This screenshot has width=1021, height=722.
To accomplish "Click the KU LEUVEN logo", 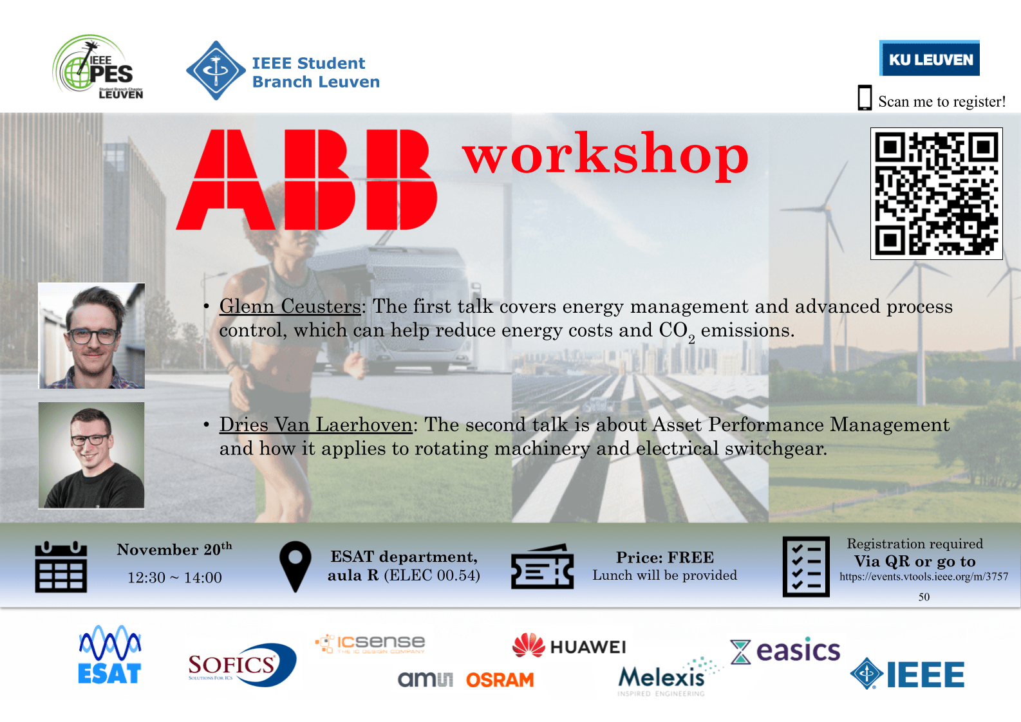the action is [929, 59].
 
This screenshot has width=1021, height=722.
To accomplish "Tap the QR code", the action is [936, 194].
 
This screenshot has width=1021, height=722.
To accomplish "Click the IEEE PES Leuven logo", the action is [98, 67].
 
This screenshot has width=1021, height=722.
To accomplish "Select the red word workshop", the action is [606, 156].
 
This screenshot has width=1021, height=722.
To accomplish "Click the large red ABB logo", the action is [306, 180].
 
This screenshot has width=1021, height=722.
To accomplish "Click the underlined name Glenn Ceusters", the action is [290, 306].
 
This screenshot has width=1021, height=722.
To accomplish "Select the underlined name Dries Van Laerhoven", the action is [315, 425].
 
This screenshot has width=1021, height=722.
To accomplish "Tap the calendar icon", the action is [61, 567].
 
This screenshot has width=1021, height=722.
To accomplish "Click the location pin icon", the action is [295, 567].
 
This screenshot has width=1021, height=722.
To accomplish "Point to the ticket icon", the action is [543, 567].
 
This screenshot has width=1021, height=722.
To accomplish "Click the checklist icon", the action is [806, 567].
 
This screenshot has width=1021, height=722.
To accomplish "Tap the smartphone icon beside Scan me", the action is [865, 97].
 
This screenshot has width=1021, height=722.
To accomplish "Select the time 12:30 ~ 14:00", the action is [174, 578].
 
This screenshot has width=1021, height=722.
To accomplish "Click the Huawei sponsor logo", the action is [569, 645].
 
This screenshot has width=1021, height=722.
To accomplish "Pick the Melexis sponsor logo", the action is [669, 677].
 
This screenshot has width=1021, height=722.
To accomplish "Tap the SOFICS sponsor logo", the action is [242, 665].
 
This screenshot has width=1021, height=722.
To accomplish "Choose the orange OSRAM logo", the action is [500, 680].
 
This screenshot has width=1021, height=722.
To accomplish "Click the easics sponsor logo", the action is [785, 650].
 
